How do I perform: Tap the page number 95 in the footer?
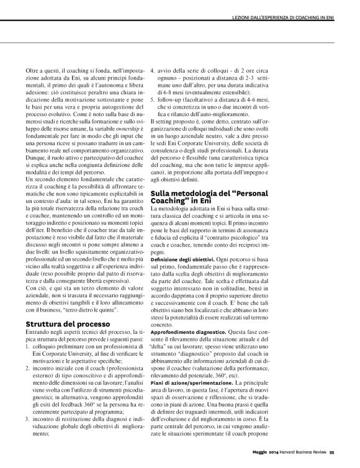pos(333,451)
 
